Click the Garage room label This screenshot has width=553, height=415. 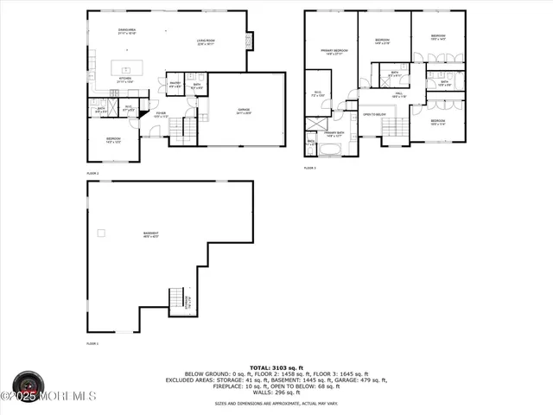[245, 111]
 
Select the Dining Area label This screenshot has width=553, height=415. [128, 31]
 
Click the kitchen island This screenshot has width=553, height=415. [127, 67]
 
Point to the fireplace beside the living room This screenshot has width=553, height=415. [251, 41]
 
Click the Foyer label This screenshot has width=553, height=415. [161, 114]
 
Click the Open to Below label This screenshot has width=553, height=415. [373, 114]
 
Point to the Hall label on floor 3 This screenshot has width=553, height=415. [400, 95]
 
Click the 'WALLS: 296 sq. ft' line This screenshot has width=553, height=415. [276, 393]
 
